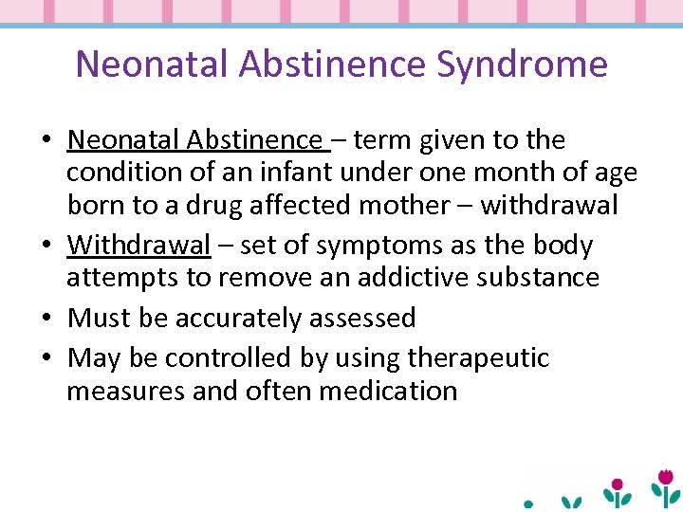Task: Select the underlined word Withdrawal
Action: (x=138, y=245)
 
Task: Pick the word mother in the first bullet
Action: (x=427, y=205)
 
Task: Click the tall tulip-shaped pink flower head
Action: (x=667, y=475)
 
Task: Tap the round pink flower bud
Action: (x=618, y=484)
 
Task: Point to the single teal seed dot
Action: (x=529, y=503)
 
